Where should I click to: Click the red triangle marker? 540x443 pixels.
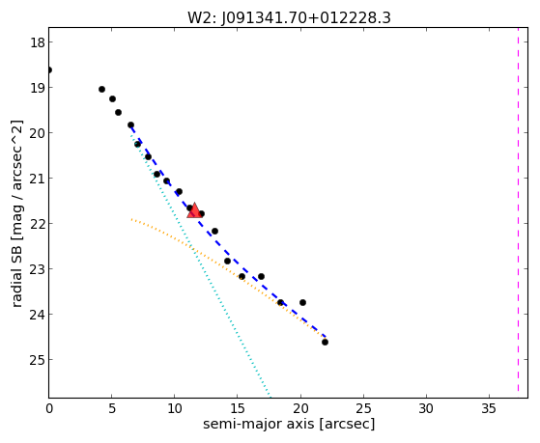point(194,210)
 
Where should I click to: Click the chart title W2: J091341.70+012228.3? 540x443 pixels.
point(289,17)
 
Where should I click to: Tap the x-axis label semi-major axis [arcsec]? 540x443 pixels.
point(289,424)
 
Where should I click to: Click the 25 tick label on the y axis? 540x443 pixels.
point(37,360)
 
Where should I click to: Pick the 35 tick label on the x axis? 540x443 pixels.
point(489,408)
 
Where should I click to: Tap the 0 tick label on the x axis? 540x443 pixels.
point(49,408)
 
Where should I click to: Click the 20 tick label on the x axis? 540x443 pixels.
point(300,408)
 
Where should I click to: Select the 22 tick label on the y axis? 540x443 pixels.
point(37,224)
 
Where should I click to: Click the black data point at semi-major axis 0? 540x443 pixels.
point(49,70)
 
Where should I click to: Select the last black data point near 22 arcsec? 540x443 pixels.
point(325,343)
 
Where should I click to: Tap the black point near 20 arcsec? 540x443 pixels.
point(302,302)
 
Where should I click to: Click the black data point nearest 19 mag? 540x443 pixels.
point(101,89)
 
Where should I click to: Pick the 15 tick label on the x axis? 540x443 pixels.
point(238,408)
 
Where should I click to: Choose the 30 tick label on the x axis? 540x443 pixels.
point(426,408)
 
